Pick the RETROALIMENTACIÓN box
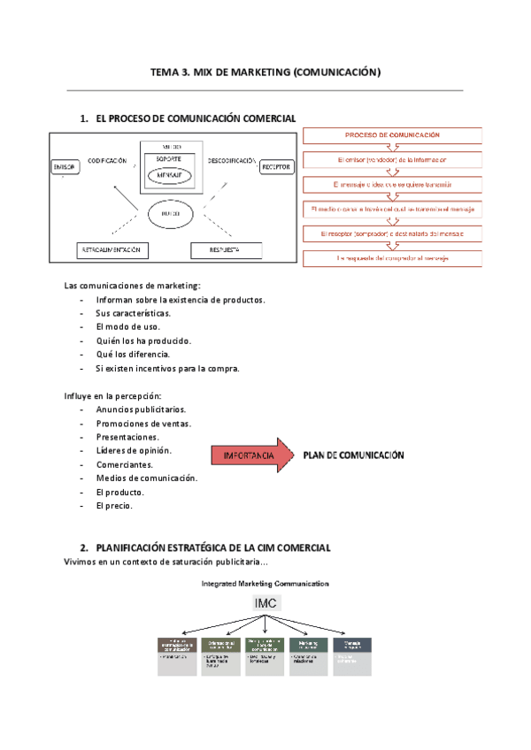112,250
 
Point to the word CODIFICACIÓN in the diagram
106,160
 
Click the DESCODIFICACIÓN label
233,160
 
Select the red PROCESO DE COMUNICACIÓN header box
393,135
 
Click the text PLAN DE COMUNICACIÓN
353,456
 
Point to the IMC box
265,603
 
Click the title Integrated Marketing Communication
265,584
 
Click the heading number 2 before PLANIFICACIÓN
83,548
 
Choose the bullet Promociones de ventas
143,423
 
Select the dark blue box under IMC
352,646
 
